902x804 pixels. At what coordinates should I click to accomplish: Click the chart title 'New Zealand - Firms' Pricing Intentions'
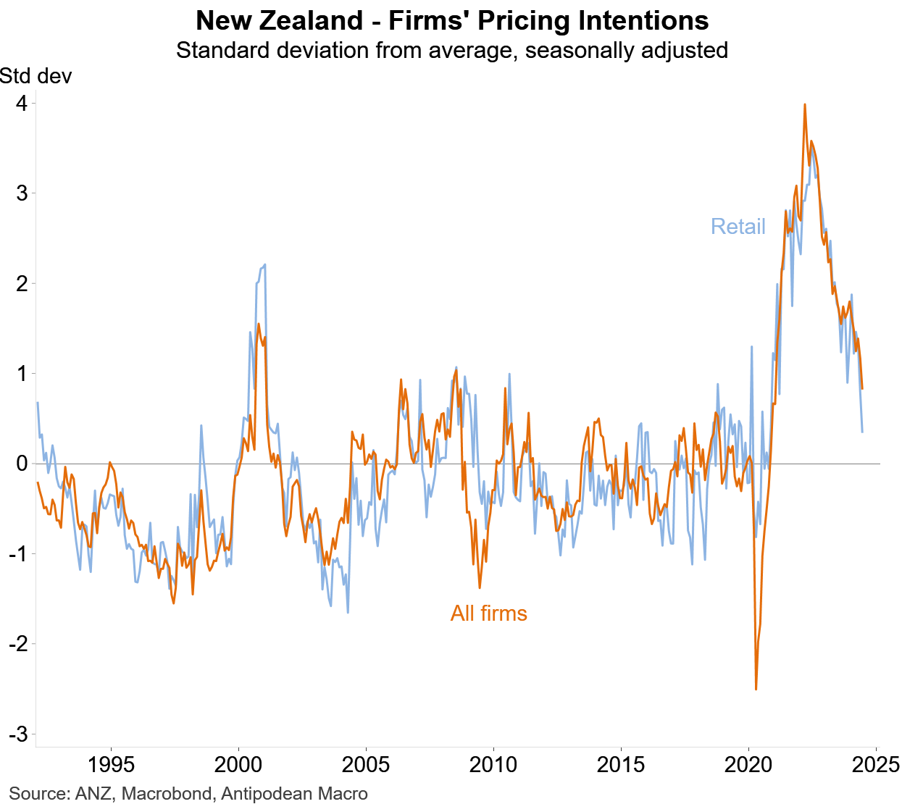[x=452, y=20]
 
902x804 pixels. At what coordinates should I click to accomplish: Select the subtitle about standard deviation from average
[x=452, y=51]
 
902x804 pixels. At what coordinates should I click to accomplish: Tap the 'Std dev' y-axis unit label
[x=36, y=76]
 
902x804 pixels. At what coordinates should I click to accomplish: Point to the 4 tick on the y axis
[x=22, y=104]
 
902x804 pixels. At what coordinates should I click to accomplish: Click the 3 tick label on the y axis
[x=22, y=193]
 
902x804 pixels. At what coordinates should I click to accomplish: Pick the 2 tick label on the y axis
[x=22, y=283]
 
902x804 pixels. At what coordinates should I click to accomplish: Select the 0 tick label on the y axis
[x=22, y=464]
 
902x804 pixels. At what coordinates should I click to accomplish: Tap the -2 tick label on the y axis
[x=18, y=644]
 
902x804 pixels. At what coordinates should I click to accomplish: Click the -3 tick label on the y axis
[x=18, y=734]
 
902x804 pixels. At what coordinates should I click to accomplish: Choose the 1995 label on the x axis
[x=112, y=764]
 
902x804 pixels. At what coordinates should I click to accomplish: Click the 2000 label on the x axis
[x=239, y=764]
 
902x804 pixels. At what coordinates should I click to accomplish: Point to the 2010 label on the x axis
[x=493, y=764]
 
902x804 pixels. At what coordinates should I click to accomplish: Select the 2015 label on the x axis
[x=621, y=764]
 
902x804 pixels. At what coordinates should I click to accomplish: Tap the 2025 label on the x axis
[x=876, y=764]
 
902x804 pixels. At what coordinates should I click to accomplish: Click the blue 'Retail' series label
[x=738, y=227]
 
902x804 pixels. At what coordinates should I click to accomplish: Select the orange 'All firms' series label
[x=489, y=614]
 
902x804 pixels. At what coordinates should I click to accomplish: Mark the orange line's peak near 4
[x=805, y=104]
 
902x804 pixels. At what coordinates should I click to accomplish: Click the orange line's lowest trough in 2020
[x=756, y=689]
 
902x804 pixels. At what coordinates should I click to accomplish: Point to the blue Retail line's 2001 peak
[x=265, y=264]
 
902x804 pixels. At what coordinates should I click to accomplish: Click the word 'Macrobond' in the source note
[x=166, y=794]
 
